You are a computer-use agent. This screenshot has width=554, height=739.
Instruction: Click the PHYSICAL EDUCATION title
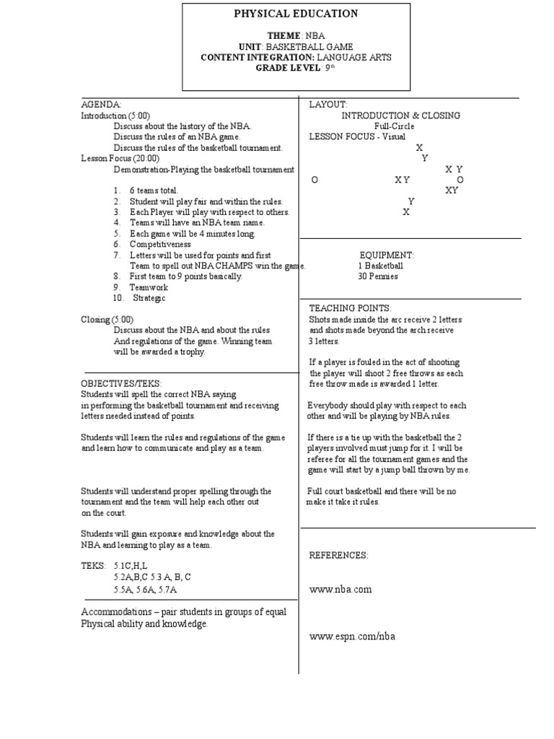(x=296, y=14)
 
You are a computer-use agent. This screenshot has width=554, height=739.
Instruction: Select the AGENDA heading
(x=101, y=105)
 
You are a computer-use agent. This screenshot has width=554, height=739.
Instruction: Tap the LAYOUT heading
(x=328, y=105)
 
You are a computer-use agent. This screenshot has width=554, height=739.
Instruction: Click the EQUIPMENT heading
(x=387, y=255)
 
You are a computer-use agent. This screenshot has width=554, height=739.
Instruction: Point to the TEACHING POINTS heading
(x=350, y=308)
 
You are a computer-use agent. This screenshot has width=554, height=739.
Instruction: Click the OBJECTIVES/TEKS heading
(x=121, y=383)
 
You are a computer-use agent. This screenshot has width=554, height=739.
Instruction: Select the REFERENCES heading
(x=338, y=555)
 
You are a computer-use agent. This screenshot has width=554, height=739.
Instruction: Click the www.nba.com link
(x=340, y=589)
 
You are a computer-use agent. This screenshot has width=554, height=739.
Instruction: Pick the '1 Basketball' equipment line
(x=380, y=266)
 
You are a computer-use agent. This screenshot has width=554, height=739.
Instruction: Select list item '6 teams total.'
(x=154, y=191)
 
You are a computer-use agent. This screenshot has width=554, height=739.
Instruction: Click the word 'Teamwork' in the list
(x=149, y=287)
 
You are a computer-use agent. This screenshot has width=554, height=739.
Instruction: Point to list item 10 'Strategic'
(x=149, y=298)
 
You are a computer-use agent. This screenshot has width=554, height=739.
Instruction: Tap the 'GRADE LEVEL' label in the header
(x=288, y=68)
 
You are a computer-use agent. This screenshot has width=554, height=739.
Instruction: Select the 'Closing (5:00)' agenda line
(x=107, y=319)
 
